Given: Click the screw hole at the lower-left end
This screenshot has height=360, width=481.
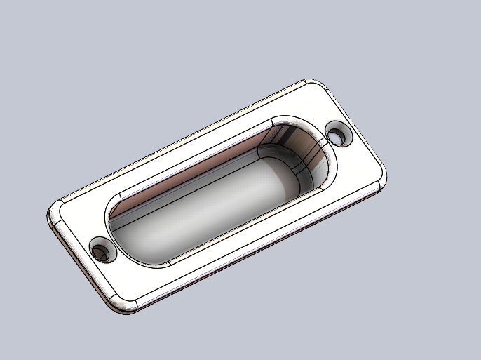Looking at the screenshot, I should tap(103, 251).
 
